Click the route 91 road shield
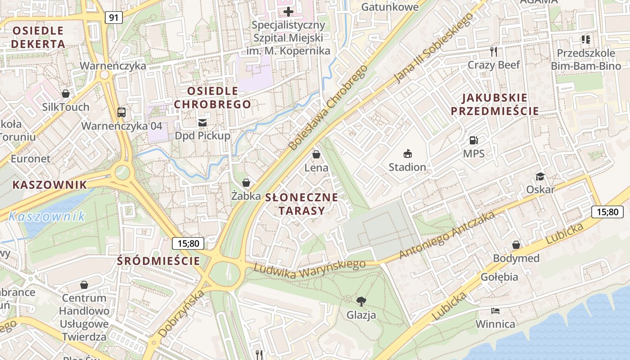[114, 18]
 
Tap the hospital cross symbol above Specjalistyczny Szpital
[288, 11]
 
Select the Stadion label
[407, 167]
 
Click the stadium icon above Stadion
[407, 154]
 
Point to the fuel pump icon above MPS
[473, 140]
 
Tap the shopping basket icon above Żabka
[246, 183]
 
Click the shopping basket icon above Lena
[316, 155]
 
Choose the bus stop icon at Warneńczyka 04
[121, 112]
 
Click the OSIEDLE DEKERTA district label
[38, 37]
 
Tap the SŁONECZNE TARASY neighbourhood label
[301, 204]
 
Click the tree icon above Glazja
[361, 301]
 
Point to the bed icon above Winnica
[495, 311]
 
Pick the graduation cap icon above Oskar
[540, 176]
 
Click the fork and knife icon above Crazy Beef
[494, 52]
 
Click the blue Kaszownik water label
[47, 216]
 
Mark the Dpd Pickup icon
[202, 122]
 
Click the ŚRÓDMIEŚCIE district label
[158, 261]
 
